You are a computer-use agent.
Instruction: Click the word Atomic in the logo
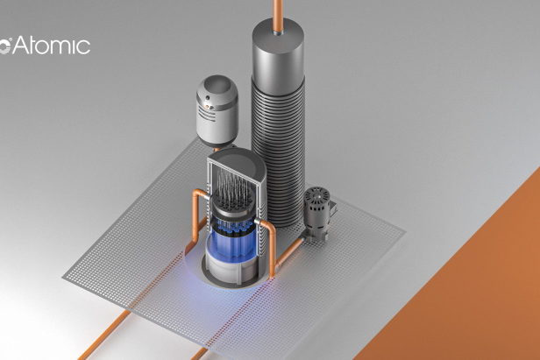52,45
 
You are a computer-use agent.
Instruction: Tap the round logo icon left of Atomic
5,46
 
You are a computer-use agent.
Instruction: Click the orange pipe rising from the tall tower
278,16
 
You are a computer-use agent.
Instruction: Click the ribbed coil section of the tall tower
278,152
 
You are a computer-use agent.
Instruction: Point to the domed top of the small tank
217,90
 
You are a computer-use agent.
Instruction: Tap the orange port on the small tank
207,106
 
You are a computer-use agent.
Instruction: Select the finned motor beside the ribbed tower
316,214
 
